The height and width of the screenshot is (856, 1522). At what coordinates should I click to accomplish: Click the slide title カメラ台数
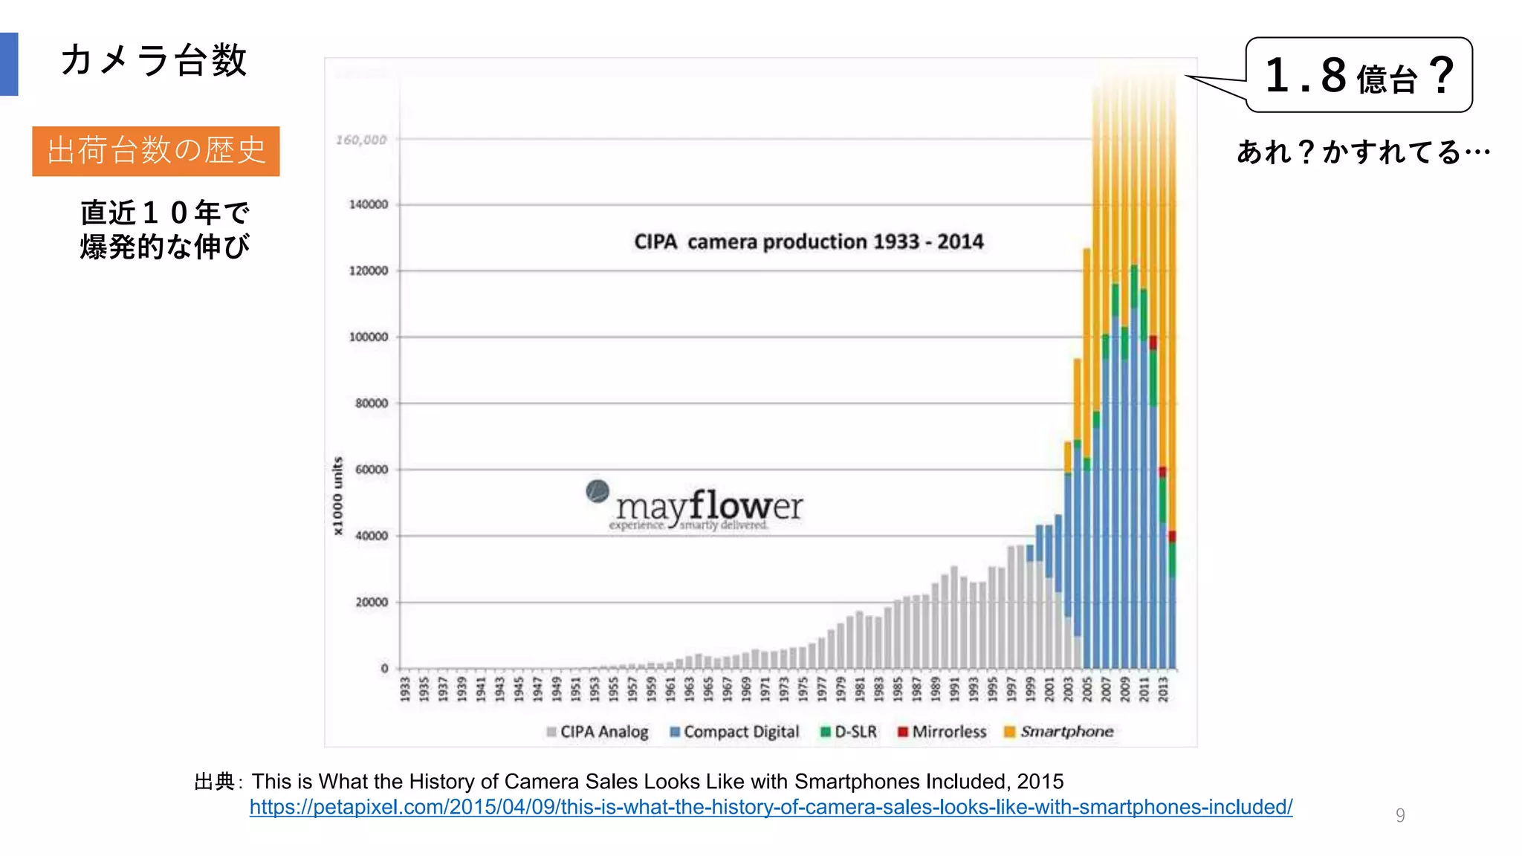(153, 60)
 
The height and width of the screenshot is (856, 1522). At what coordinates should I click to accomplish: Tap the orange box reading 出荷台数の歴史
(155, 151)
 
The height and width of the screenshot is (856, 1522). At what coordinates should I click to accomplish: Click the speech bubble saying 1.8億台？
(1359, 75)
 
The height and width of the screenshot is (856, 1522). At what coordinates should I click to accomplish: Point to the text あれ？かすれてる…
(1363, 152)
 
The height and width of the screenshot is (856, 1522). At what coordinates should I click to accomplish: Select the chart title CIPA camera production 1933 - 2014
(809, 241)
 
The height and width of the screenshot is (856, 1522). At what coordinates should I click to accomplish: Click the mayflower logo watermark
(695, 508)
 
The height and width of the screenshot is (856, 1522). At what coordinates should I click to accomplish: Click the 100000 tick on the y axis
(369, 337)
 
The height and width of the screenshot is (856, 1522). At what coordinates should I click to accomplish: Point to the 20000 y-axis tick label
(372, 602)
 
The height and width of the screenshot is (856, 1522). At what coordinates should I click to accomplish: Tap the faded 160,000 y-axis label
(361, 140)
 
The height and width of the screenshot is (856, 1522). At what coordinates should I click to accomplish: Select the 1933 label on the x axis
(405, 689)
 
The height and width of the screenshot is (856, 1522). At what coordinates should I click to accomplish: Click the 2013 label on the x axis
(1163, 689)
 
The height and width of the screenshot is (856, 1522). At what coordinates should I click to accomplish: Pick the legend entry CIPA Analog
(598, 732)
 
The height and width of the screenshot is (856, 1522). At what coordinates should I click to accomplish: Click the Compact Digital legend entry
(734, 732)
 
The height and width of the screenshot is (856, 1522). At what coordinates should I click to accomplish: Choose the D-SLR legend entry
(849, 732)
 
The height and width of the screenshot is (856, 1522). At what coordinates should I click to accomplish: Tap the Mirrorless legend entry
(942, 732)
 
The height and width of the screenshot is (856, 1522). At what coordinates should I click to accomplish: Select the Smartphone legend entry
(1059, 732)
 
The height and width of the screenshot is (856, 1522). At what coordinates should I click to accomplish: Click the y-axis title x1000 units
(338, 496)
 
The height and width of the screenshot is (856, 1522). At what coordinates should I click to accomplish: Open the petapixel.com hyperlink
(771, 807)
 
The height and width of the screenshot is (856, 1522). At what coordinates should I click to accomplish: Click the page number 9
(1400, 815)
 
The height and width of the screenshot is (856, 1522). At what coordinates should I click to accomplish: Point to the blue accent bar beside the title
(9, 64)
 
